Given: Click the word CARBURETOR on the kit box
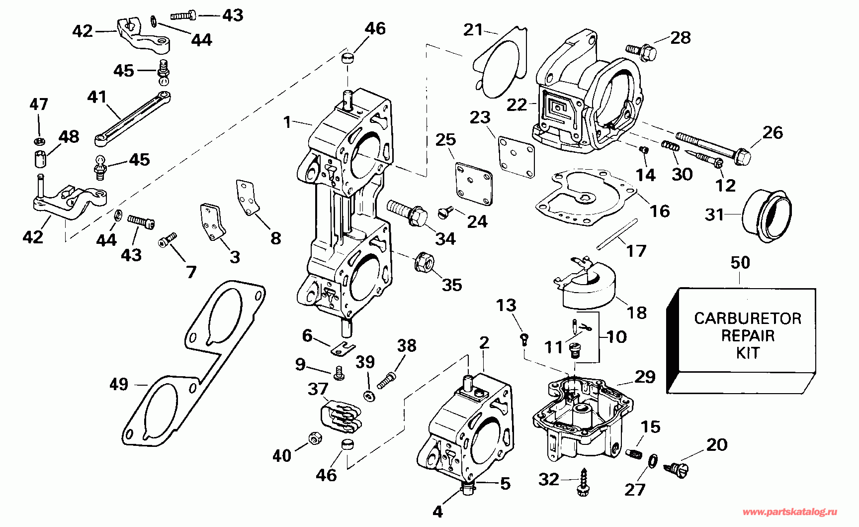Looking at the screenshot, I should (x=747, y=318).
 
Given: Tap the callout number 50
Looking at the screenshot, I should (x=740, y=263).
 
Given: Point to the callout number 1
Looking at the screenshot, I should (x=287, y=122).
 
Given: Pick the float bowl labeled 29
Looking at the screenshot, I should (x=577, y=418).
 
